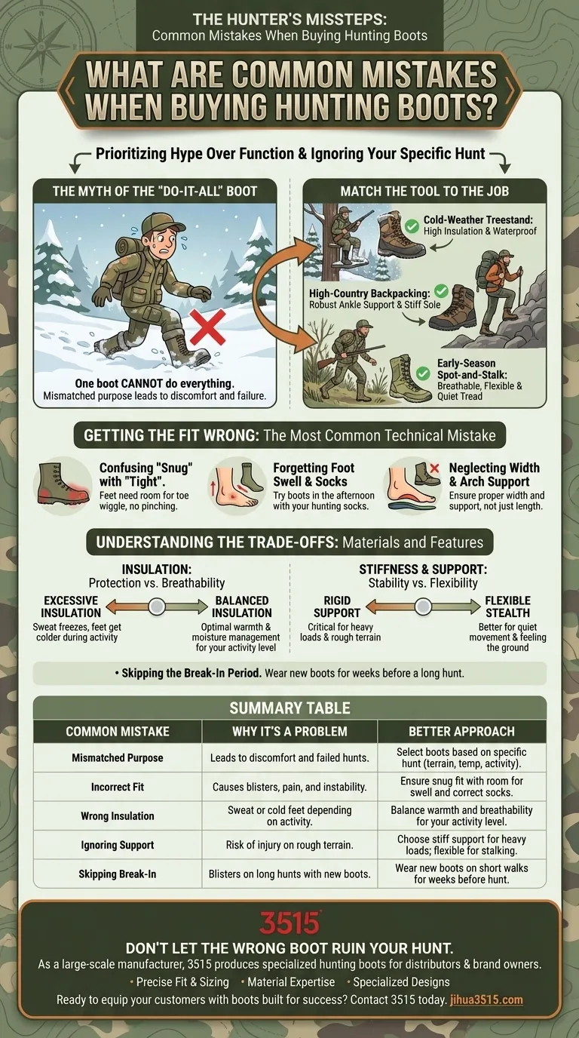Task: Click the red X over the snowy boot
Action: [x=207, y=327]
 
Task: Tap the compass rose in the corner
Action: [x=40, y=47]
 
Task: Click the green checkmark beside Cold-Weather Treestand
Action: [x=412, y=226]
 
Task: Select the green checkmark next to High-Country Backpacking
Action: [x=442, y=291]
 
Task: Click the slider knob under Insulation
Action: [x=157, y=606]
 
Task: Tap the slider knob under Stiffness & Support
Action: [x=422, y=606]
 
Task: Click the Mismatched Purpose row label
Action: [x=117, y=757]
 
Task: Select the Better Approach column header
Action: [x=461, y=731]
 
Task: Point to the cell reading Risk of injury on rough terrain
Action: [x=289, y=845]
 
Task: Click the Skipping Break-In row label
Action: [x=117, y=874]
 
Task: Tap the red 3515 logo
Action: [x=289, y=923]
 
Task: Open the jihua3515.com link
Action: [x=486, y=1000]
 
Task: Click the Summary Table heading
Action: [x=290, y=708]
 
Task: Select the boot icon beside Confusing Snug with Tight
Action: [x=63, y=484]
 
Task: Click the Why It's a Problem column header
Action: [x=289, y=731]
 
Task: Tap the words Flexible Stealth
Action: [x=507, y=607]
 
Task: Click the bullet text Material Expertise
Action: [x=291, y=982]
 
